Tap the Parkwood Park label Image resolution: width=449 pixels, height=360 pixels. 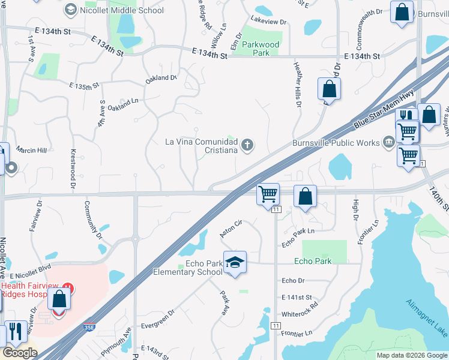click(x=261, y=49)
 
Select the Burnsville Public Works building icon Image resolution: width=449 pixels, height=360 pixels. click(x=388, y=143)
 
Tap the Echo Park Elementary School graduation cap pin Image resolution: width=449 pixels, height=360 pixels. click(x=235, y=262)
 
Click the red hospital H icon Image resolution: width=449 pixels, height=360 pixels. click(x=68, y=289)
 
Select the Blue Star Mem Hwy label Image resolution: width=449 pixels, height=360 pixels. click(x=384, y=108)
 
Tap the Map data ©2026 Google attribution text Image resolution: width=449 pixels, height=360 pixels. click(x=412, y=355)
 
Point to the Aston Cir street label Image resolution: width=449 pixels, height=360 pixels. click(x=231, y=228)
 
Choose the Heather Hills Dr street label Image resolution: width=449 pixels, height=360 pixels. click(x=297, y=85)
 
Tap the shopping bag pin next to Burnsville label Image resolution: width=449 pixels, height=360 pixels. click(x=402, y=13)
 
